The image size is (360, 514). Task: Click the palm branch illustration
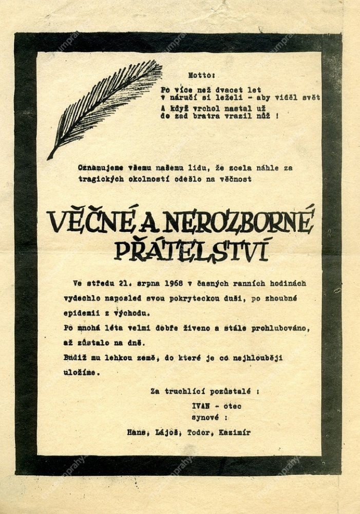105,108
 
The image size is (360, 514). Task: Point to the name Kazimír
234,433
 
